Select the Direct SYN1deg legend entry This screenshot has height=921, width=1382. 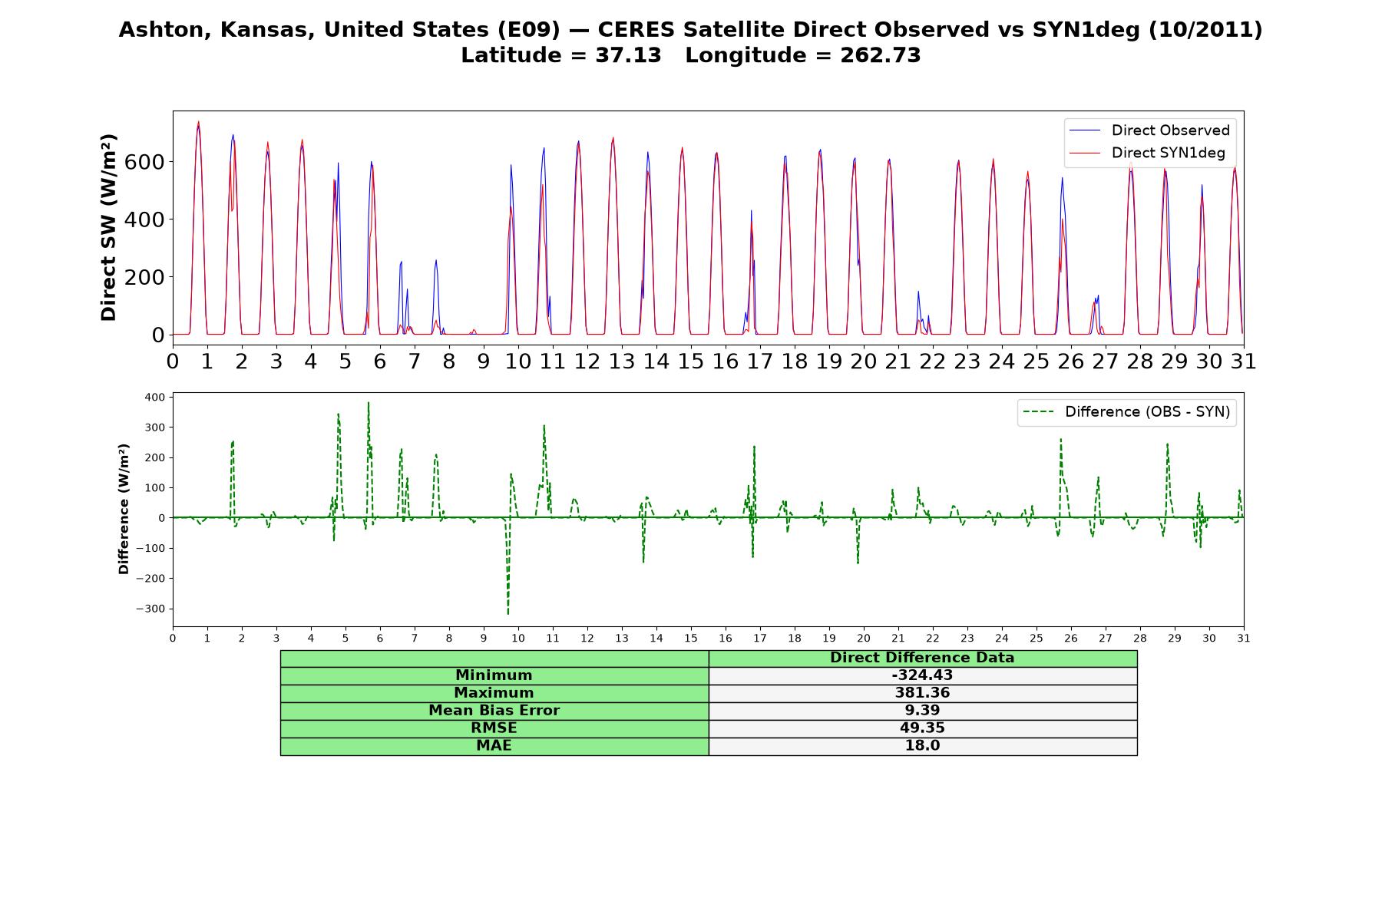click(1147, 153)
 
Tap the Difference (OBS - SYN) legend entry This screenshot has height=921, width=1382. click(1126, 412)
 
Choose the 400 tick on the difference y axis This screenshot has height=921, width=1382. click(154, 398)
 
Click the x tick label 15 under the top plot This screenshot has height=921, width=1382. click(690, 361)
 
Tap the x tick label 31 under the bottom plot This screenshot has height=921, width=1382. click(1244, 638)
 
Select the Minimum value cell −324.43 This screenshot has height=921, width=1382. click(922, 675)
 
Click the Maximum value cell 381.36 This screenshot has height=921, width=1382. click(922, 693)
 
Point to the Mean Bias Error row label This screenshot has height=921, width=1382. click(494, 711)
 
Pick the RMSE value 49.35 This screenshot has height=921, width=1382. click(922, 728)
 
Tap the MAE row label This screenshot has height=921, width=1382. click(494, 746)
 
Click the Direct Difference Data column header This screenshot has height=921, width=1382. click(922, 658)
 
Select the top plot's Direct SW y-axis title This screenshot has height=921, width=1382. click(108, 227)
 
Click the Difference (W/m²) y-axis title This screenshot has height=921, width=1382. click(124, 509)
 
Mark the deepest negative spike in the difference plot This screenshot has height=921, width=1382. click(508, 614)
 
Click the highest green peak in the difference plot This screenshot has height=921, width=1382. click(369, 403)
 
